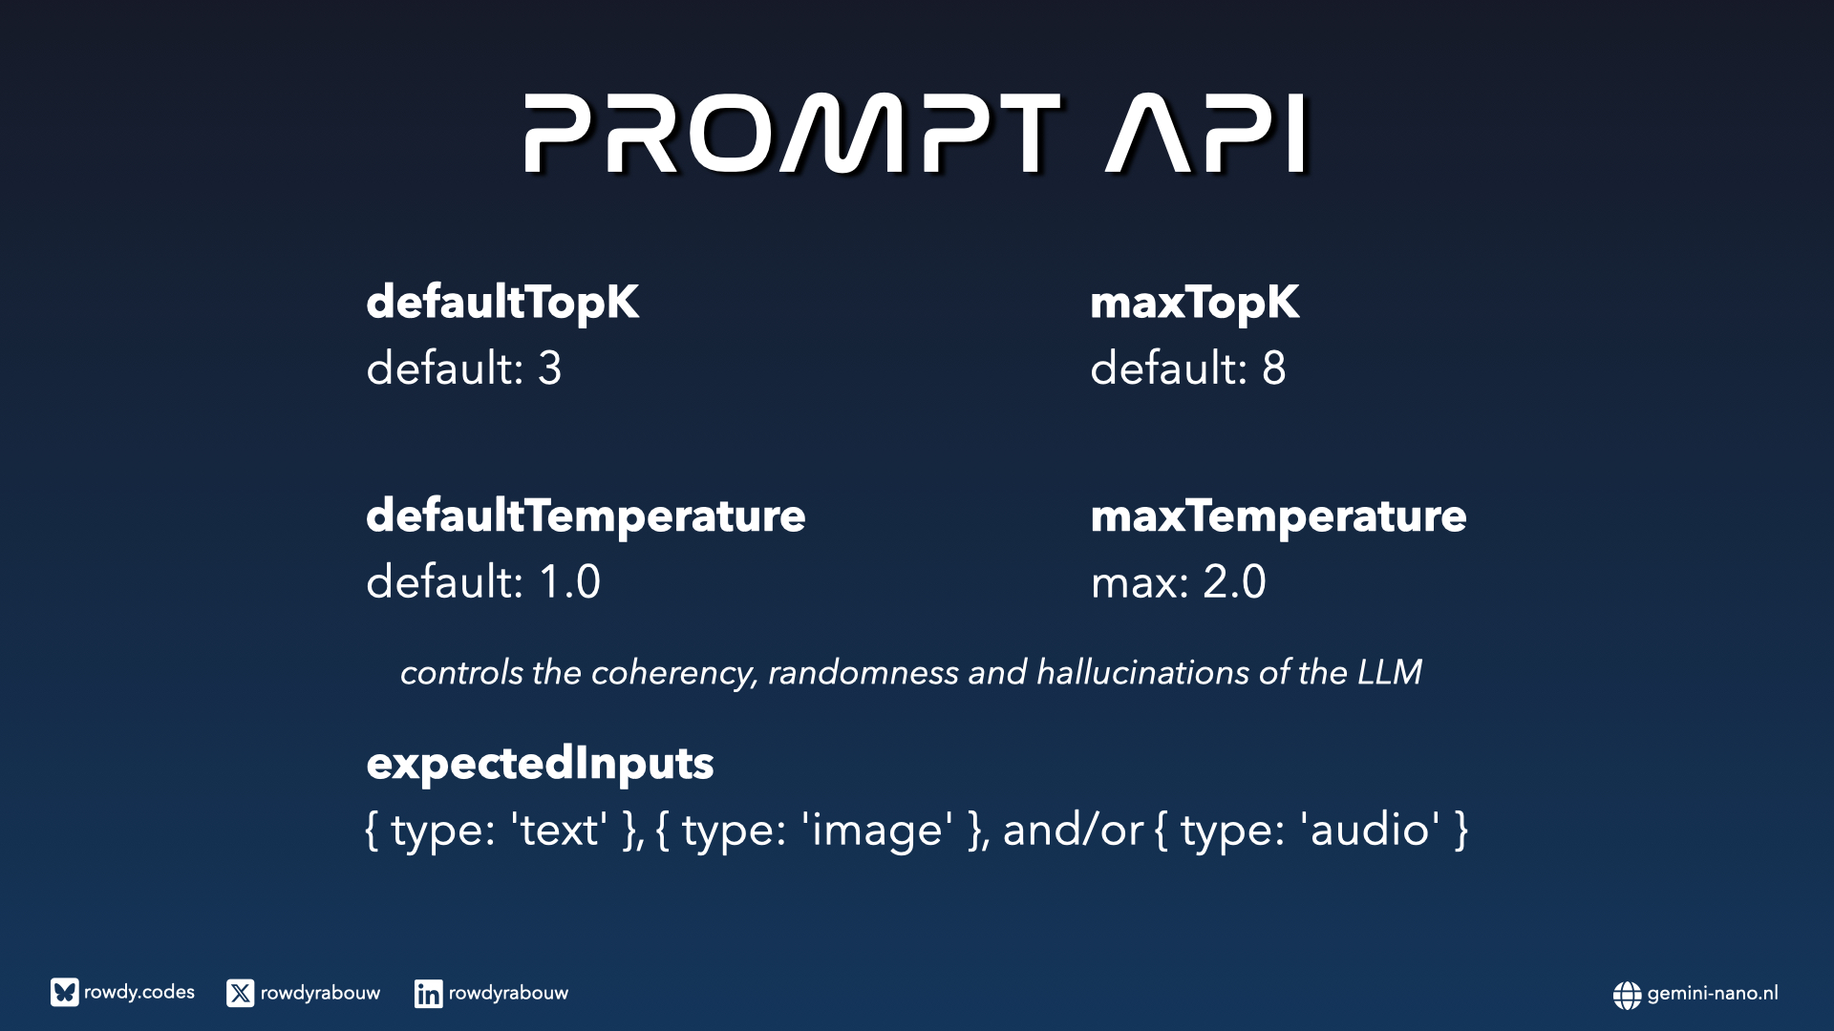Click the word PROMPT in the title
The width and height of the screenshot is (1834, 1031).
(x=792, y=134)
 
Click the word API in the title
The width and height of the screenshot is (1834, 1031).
(x=1206, y=134)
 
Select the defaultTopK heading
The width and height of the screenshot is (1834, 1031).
(x=502, y=303)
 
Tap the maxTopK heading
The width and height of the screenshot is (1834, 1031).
(x=1195, y=303)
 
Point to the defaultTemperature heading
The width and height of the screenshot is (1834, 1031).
(x=586, y=516)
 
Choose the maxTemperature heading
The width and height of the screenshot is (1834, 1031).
(x=1278, y=516)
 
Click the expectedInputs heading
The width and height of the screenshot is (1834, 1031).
(x=540, y=764)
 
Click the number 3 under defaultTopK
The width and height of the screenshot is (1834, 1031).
(x=550, y=368)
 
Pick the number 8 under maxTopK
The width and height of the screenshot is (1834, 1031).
(x=1274, y=368)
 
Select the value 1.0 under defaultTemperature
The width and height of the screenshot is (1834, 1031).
(x=570, y=581)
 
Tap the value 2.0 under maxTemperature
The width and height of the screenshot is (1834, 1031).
(x=1234, y=581)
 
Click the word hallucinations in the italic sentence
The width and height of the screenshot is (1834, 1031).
(x=1142, y=672)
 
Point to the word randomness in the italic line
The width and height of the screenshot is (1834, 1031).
(x=864, y=672)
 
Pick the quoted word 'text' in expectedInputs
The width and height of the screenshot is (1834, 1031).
(x=559, y=830)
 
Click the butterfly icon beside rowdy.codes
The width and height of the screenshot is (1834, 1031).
(x=64, y=993)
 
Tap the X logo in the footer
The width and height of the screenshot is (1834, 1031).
(x=240, y=993)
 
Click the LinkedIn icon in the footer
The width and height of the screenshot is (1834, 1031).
(x=428, y=993)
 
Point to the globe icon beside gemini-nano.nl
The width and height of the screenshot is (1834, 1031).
(x=1627, y=995)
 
